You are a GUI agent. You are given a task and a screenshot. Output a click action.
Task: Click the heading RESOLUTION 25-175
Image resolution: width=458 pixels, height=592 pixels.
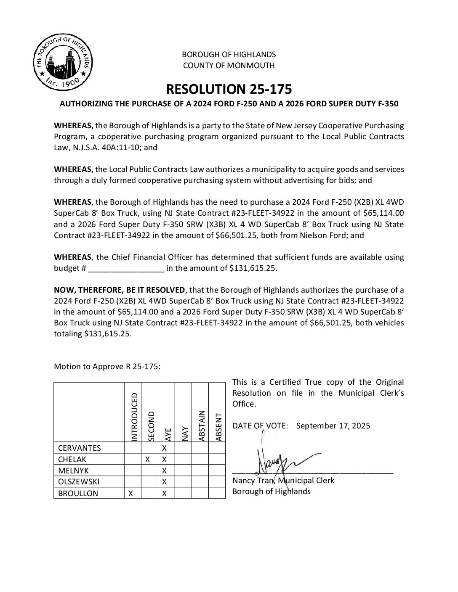229,89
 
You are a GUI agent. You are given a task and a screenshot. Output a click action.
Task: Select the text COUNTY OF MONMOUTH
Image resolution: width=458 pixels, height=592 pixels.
229,66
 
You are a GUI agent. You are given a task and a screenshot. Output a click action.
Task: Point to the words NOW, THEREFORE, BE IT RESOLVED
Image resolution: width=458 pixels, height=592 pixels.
119,290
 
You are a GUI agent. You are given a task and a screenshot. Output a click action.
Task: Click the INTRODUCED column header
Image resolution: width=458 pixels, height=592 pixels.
134,417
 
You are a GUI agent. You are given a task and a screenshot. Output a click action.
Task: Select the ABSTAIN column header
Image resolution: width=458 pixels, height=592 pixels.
201,425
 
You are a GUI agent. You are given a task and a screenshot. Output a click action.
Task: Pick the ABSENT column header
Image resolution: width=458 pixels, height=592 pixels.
218,427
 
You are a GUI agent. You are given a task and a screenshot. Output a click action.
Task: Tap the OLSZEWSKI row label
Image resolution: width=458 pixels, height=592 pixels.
80,482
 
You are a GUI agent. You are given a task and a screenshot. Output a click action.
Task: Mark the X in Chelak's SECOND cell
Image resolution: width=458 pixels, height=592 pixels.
148,460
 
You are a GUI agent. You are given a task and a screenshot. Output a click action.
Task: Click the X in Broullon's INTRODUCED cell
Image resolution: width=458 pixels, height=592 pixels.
131,493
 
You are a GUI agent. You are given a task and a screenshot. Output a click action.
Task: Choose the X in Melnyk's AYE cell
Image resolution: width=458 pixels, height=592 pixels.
165,470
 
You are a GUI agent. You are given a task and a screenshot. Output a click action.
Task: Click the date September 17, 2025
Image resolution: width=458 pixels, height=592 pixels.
333,425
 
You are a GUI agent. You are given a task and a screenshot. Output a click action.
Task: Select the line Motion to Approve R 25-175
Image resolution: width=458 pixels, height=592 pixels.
107,366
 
